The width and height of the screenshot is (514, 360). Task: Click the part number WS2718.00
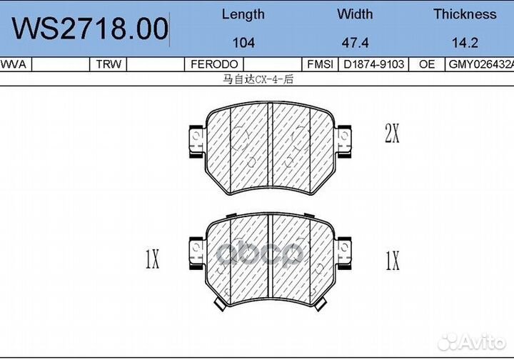[x=90, y=29]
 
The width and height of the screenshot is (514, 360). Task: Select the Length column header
[x=243, y=14]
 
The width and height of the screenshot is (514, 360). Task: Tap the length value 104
[x=243, y=43]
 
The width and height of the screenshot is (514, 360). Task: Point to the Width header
[x=355, y=14]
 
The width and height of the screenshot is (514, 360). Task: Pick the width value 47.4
[x=355, y=43]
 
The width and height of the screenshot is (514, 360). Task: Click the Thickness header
[x=465, y=14]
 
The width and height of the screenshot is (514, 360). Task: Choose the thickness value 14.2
[x=465, y=43]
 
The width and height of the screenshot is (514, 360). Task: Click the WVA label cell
[x=14, y=64]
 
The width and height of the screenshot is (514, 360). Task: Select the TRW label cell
[x=109, y=64]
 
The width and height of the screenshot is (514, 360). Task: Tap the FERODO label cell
[x=214, y=64]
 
